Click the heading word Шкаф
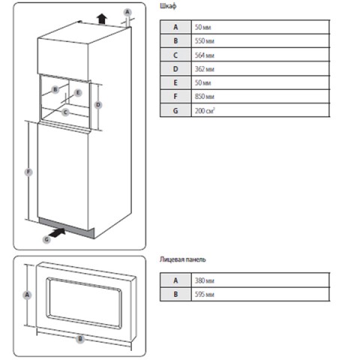coord(168,6)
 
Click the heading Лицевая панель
coord(183,259)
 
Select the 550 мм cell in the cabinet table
coord(260,40)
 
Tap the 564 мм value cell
coord(260,55)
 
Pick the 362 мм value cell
coord(260,69)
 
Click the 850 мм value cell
coord(260,97)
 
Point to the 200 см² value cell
coord(260,110)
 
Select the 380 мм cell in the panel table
coord(260,280)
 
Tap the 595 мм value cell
coord(260,295)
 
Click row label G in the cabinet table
coord(175,110)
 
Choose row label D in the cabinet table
coord(175,69)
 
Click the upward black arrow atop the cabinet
coord(102,19)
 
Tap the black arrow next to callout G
coord(58,232)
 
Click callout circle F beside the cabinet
coord(28,172)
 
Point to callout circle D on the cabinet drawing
coord(98,105)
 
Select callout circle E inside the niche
coord(78,93)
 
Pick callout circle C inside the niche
coord(65,112)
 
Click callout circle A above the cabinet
coord(127,12)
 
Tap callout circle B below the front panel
coord(80,339)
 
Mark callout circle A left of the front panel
coord(27,295)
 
